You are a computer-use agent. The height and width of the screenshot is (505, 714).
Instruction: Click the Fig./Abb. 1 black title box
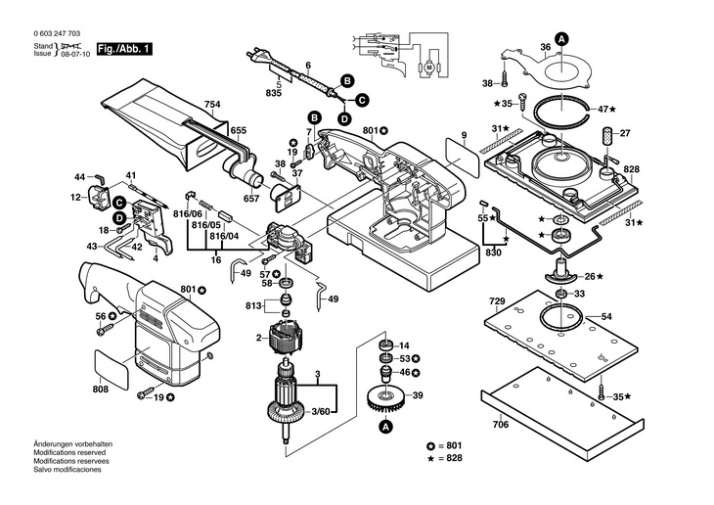(x=124, y=49)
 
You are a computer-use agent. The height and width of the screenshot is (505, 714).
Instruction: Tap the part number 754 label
(x=212, y=105)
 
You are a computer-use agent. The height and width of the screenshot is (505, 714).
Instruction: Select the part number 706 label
(x=501, y=425)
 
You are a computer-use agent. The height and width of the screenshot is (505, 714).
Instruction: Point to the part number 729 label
(x=497, y=301)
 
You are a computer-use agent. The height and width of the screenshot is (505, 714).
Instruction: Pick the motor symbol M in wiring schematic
(x=428, y=68)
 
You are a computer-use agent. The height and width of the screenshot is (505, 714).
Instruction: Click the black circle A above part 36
(x=562, y=39)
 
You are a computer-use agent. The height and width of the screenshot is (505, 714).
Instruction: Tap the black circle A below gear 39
(x=385, y=427)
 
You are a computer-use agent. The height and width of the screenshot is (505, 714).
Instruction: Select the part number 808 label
(x=100, y=389)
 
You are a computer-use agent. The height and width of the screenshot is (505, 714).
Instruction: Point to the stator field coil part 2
(x=285, y=339)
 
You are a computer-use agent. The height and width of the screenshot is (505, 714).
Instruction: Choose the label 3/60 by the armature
(x=321, y=412)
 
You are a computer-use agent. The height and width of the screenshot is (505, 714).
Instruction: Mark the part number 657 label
(x=251, y=199)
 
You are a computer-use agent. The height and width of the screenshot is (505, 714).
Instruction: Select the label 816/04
(x=224, y=237)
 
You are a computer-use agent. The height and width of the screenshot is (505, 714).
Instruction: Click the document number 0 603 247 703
(x=57, y=33)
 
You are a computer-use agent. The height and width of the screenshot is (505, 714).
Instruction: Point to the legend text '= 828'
(x=450, y=458)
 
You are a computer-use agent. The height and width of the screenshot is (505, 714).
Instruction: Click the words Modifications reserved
(x=69, y=452)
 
